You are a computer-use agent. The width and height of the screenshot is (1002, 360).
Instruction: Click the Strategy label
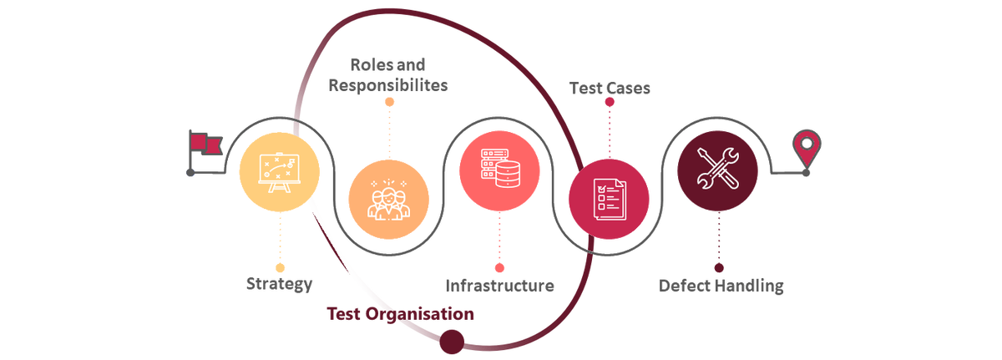[280, 284]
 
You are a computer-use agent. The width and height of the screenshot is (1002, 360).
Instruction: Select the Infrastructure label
[499, 286]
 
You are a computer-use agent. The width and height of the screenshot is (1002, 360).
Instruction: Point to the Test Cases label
[610, 86]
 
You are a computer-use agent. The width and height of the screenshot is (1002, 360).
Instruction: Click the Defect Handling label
[721, 286]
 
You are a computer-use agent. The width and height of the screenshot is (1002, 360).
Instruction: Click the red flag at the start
[203, 145]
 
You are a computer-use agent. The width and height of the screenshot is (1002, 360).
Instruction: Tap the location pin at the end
[807, 148]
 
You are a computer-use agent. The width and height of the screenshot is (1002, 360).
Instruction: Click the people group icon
[389, 199]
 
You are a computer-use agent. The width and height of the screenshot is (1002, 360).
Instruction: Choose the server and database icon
[499, 170]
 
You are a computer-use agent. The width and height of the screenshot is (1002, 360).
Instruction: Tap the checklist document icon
[609, 198]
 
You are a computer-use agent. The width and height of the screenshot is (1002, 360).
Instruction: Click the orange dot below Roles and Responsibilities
[389, 102]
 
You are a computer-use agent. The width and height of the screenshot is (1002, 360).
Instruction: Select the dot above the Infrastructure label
[499, 267]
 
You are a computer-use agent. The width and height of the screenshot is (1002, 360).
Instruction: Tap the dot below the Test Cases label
[610, 102]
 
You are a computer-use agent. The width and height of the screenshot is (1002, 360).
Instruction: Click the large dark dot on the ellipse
[451, 338]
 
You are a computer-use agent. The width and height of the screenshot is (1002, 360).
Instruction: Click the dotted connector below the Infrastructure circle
[499, 237]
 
